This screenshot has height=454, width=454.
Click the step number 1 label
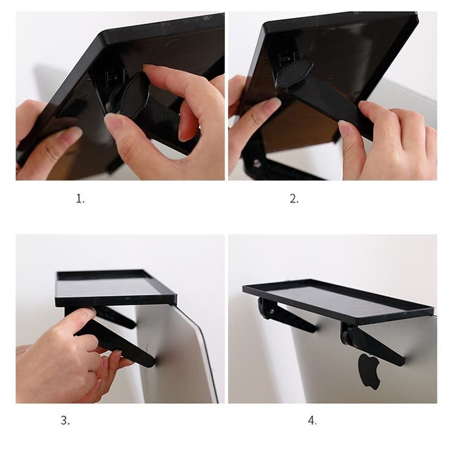coord(80,199)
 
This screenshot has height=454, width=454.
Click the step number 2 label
coord(294,199)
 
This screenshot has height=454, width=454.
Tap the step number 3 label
coord(65,420)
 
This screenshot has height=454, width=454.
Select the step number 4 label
coord(312,420)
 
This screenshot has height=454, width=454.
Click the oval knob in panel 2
coord(294,72)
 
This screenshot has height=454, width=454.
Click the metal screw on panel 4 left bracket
coord(272,312)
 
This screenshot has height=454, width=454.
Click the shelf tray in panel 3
coord(115,288)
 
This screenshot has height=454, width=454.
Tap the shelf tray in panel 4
coord(338,301)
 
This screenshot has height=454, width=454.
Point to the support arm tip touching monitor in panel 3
coord(151,362)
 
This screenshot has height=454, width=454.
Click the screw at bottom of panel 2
coord(256,163)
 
